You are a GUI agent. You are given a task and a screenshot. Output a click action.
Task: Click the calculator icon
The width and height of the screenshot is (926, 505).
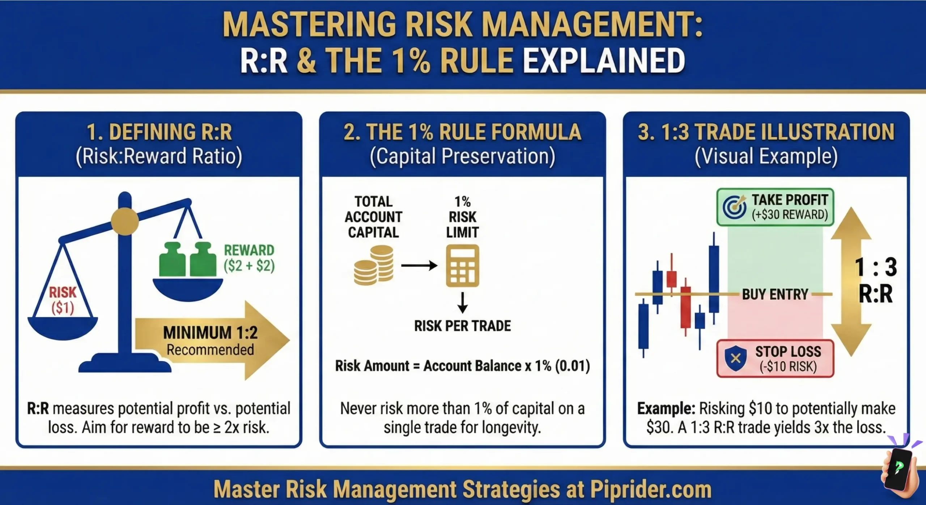click(462, 266)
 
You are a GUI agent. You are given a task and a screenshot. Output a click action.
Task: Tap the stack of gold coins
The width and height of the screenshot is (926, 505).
click(374, 265)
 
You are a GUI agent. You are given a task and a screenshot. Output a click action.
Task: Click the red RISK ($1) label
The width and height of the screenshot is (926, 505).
click(63, 300)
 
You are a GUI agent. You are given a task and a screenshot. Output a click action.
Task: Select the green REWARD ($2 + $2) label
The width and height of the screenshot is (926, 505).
click(249, 258)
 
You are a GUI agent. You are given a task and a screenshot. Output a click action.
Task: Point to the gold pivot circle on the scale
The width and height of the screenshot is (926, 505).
click(125, 221)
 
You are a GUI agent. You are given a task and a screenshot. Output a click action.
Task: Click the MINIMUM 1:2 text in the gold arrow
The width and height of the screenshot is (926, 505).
click(210, 332)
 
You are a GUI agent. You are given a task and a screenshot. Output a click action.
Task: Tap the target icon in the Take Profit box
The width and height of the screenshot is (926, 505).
click(734, 207)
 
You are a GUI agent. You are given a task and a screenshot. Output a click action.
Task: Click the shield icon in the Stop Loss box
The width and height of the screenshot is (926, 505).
click(735, 358)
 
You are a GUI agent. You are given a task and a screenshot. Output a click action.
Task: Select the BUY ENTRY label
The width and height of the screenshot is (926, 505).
click(775, 294)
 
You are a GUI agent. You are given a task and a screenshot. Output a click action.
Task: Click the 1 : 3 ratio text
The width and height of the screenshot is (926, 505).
click(876, 267)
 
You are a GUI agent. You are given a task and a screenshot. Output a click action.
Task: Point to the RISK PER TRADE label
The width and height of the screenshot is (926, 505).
click(462, 326)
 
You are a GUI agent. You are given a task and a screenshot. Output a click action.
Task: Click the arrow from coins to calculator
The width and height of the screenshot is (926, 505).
click(419, 266)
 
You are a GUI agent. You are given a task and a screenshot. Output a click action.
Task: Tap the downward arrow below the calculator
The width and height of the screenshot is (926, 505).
click(462, 302)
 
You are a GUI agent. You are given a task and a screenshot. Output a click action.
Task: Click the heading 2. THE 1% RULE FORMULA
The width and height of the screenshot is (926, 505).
click(462, 132)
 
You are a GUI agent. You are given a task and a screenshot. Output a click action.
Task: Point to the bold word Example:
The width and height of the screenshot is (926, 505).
click(666, 408)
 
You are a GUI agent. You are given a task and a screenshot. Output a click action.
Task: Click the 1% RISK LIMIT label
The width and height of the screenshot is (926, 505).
click(462, 217)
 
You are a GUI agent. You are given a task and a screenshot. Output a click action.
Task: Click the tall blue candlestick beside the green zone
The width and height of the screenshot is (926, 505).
click(714, 279)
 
